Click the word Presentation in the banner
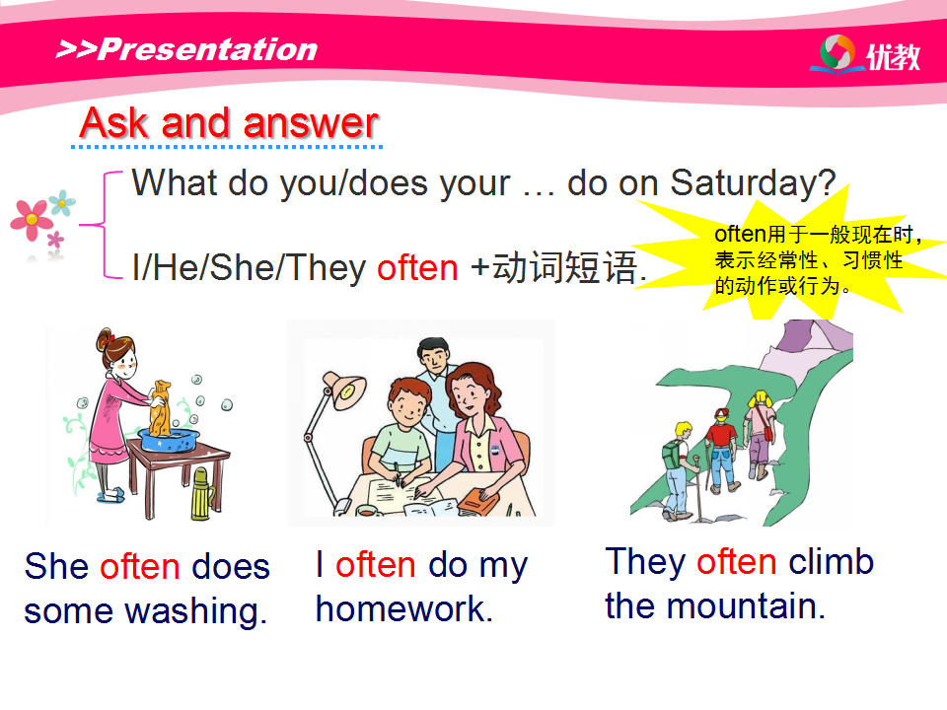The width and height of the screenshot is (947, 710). click(208, 49)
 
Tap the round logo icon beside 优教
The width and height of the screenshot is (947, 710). click(838, 52)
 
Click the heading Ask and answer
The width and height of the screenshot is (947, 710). click(229, 123)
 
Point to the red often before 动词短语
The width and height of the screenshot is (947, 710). click(417, 267)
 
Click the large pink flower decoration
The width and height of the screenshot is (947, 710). click(32, 220)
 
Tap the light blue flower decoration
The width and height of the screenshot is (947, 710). click(62, 203)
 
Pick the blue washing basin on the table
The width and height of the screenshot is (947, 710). click(170, 440)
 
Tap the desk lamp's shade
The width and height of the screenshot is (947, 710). click(345, 390)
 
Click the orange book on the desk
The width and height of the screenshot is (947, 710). click(477, 501)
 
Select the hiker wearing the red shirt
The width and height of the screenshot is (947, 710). click(722, 451)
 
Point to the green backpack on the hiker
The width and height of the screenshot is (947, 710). click(672, 455)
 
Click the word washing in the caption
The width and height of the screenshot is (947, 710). click(195, 611)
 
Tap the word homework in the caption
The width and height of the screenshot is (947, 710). click(404, 608)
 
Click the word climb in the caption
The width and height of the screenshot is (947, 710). click(831, 561)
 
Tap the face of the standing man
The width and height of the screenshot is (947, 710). click(434, 358)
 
